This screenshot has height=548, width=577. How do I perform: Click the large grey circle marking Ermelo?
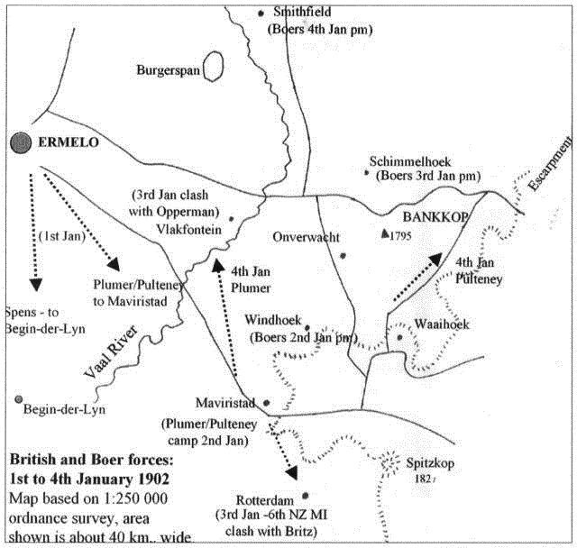point(21,142)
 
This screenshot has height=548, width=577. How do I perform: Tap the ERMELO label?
point(69,142)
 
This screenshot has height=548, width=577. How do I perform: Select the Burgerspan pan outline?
point(213,66)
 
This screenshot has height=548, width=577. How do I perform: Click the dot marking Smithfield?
point(261,14)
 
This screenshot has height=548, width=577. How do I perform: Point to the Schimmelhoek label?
point(410,161)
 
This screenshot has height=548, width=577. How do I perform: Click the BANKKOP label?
point(435,217)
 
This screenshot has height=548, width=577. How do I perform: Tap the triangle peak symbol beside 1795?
point(385,233)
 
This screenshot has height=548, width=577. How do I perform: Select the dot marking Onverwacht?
point(343,256)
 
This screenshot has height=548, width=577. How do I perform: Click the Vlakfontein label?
point(189,230)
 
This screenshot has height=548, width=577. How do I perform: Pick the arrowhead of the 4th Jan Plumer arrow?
point(218,265)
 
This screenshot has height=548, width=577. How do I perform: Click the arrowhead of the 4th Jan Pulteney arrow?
point(435,259)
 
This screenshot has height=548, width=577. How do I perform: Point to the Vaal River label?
point(111,352)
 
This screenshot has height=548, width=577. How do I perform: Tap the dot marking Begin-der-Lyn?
point(19,399)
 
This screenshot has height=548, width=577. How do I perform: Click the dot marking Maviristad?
point(267,403)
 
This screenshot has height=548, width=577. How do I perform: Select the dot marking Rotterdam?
point(305,496)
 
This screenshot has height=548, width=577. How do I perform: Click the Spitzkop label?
point(430,463)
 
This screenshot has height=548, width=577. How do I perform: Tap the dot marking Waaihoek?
point(399,337)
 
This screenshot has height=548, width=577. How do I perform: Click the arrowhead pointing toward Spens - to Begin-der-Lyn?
point(36,285)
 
